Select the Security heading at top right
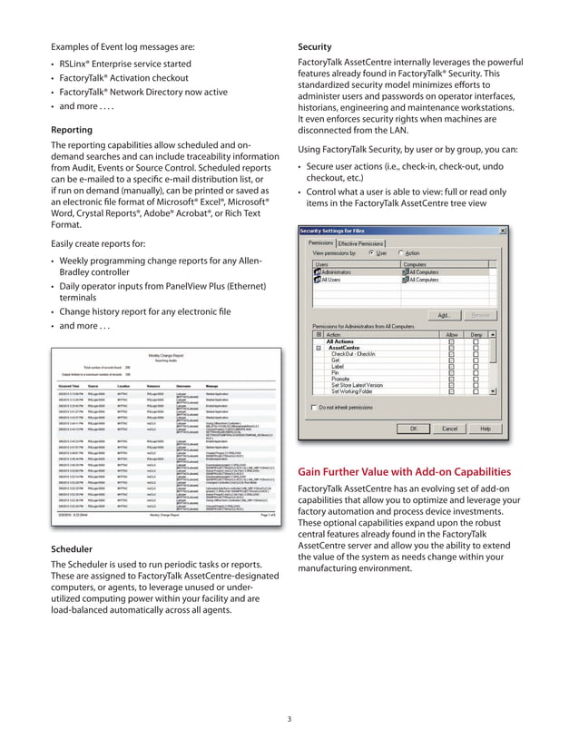315,46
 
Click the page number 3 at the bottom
289,720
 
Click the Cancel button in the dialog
449,428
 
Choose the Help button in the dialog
486,428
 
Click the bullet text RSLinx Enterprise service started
125,64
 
